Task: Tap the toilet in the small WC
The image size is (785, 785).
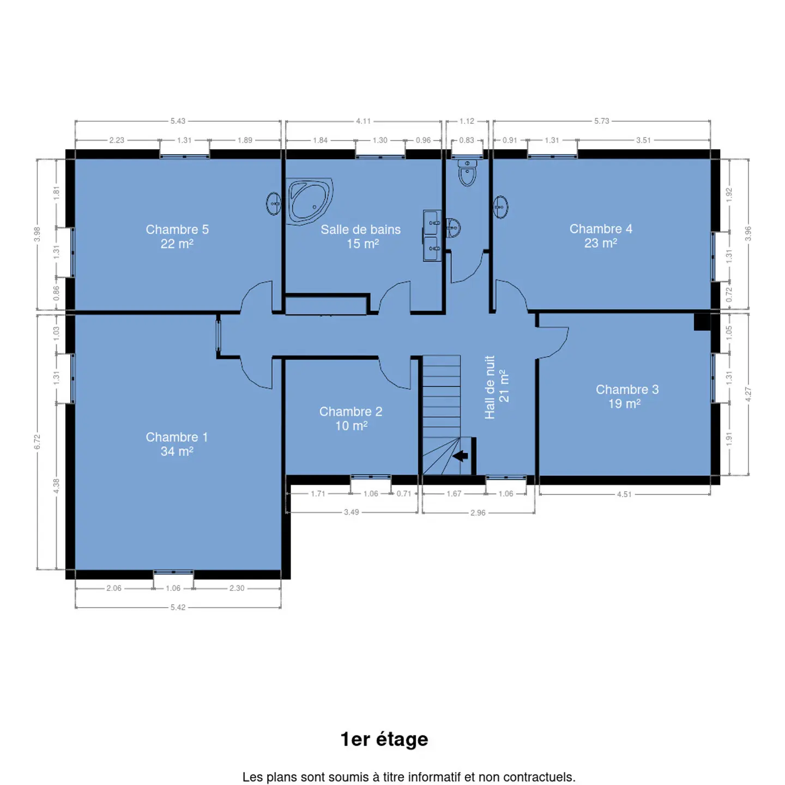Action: click(x=467, y=173)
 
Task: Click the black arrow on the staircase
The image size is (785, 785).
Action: click(x=460, y=456)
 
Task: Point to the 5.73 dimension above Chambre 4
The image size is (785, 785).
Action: click(x=601, y=121)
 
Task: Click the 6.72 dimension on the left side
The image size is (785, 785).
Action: click(x=38, y=442)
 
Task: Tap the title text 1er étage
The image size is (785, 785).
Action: click(x=384, y=740)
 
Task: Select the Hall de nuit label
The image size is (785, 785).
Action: click(x=490, y=388)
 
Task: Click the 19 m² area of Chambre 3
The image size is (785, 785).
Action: click(x=625, y=404)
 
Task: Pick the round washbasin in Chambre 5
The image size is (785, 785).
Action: click(x=273, y=204)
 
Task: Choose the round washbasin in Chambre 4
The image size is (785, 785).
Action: click(x=500, y=207)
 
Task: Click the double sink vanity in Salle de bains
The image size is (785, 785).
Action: click(x=432, y=235)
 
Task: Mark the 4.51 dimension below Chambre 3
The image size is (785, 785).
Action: click(x=624, y=494)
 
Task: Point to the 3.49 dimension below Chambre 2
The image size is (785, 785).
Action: click(x=351, y=512)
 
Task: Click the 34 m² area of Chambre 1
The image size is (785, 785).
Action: click(x=177, y=451)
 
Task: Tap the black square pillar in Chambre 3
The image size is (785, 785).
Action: click(x=702, y=322)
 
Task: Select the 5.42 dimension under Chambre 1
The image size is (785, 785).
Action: click(x=178, y=607)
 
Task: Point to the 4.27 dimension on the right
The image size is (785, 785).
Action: click(x=748, y=394)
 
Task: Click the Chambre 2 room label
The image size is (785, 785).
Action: click(x=351, y=412)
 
